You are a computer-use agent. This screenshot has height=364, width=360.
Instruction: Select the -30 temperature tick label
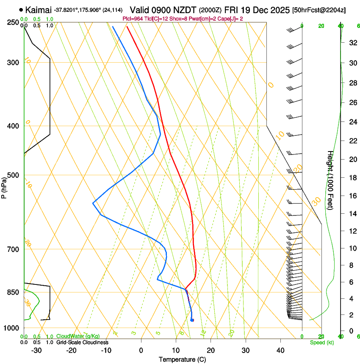coord(36,350)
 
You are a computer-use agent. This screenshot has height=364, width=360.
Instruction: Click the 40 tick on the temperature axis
coord(280,350)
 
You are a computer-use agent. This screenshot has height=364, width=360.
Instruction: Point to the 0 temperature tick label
coord(141,350)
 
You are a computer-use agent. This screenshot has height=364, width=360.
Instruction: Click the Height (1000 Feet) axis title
coord(330,180)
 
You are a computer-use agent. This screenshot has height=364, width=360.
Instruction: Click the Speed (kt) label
coord(321,342)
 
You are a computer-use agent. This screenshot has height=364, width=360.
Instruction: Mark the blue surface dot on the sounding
coord(192,320)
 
